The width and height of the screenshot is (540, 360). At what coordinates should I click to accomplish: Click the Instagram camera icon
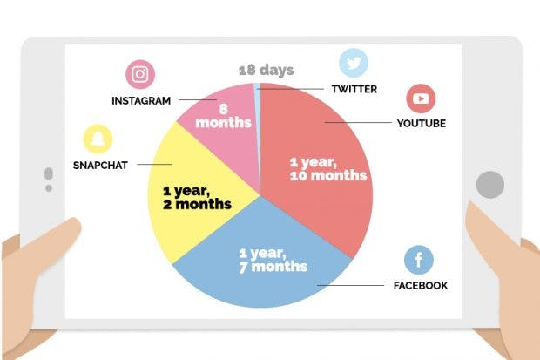point(140,74)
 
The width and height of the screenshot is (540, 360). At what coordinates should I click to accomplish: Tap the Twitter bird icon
point(354,63)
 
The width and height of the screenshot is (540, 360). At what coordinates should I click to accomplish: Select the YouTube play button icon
point(421,98)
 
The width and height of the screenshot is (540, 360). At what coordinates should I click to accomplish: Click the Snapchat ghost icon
point(98,139)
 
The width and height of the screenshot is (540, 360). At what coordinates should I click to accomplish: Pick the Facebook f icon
point(419,260)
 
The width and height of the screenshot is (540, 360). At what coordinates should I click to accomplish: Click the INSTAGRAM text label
point(141,101)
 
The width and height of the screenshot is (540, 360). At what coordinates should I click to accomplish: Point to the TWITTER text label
point(354,89)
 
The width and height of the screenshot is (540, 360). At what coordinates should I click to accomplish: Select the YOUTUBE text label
point(422,123)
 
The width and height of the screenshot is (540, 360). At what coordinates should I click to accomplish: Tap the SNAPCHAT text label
point(100,165)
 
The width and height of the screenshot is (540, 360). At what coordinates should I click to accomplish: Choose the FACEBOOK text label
point(421,286)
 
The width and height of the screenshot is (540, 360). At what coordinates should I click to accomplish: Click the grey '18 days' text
point(267,70)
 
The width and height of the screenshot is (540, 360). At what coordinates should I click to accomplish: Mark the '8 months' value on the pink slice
point(223,116)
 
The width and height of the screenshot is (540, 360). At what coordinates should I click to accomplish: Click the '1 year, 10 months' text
point(328,168)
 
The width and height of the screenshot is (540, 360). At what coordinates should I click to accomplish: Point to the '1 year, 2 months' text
point(197,197)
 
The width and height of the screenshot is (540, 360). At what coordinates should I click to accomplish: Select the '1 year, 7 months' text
point(273,260)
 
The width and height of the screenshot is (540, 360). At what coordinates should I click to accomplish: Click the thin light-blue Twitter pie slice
point(258,114)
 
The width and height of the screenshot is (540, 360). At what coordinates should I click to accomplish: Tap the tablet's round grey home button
point(490,185)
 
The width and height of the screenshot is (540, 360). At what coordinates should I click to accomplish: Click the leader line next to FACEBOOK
point(351,285)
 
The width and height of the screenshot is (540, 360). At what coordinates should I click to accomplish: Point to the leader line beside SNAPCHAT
point(155,164)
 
